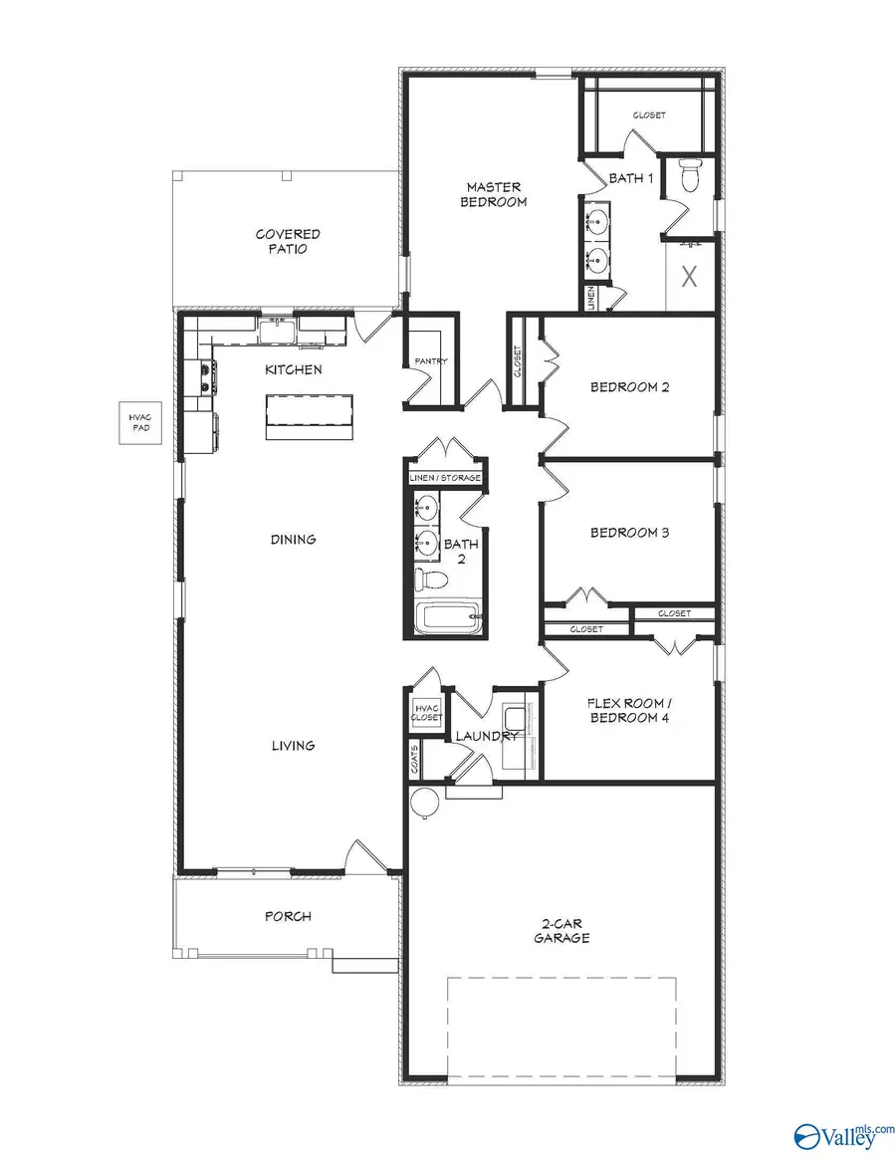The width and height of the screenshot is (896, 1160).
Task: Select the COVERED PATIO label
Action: tap(288, 242)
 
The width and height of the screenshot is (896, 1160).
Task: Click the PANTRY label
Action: tap(430, 361)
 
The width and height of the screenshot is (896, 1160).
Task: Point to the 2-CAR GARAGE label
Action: tap(561, 931)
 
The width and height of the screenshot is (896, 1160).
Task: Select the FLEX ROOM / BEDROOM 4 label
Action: tap(629, 710)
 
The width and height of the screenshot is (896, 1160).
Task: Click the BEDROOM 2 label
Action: tap(629, 387)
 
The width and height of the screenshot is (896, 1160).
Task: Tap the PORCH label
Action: tap(288, 916)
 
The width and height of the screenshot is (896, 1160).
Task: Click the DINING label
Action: tap(293, 540)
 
